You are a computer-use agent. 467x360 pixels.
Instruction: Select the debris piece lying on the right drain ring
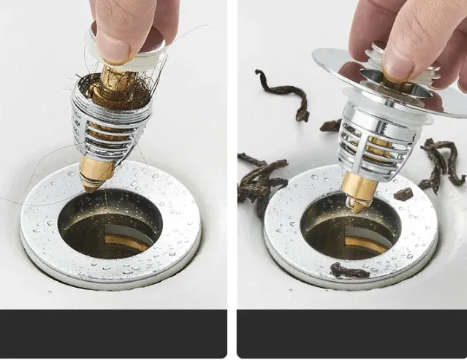(348, 271)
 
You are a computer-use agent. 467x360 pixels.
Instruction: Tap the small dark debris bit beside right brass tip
(403, 194)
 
